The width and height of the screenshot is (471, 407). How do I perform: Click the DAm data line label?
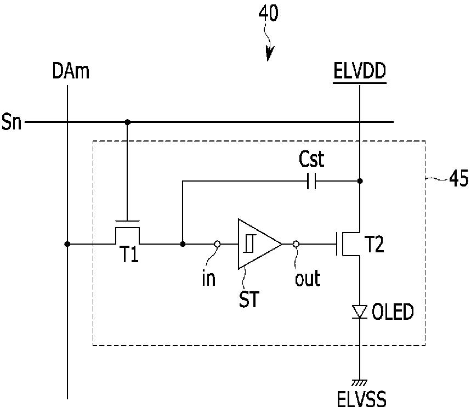(x=71, y=71)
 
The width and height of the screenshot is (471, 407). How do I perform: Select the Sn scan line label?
(x=12, y=122)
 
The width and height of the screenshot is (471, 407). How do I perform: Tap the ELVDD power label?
(x=360, y=71)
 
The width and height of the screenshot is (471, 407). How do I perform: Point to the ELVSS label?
(x=362, y=399)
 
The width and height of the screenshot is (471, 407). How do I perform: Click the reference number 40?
(x=269, y=14)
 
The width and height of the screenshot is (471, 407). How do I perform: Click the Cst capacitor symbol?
(x=311, y=181)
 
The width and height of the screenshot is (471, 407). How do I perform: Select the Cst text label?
(x=311, y=159)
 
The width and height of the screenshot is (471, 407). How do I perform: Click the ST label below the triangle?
(x=249, y=299)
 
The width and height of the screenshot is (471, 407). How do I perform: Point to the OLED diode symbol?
(x=360, y=312)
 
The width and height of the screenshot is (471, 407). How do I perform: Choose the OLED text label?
(x=393, y=312)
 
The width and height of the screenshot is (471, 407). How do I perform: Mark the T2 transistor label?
(x=374, y=244)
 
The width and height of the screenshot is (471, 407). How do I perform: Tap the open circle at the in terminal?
(x=217, y=244)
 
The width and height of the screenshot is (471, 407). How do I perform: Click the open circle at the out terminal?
(x=296, y=244)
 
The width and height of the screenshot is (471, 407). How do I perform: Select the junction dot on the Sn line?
(x=127, y=122)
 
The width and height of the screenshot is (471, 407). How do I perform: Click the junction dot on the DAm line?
(x=67, y=244)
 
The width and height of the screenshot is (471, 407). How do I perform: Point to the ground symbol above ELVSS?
(x=360, y=383)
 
